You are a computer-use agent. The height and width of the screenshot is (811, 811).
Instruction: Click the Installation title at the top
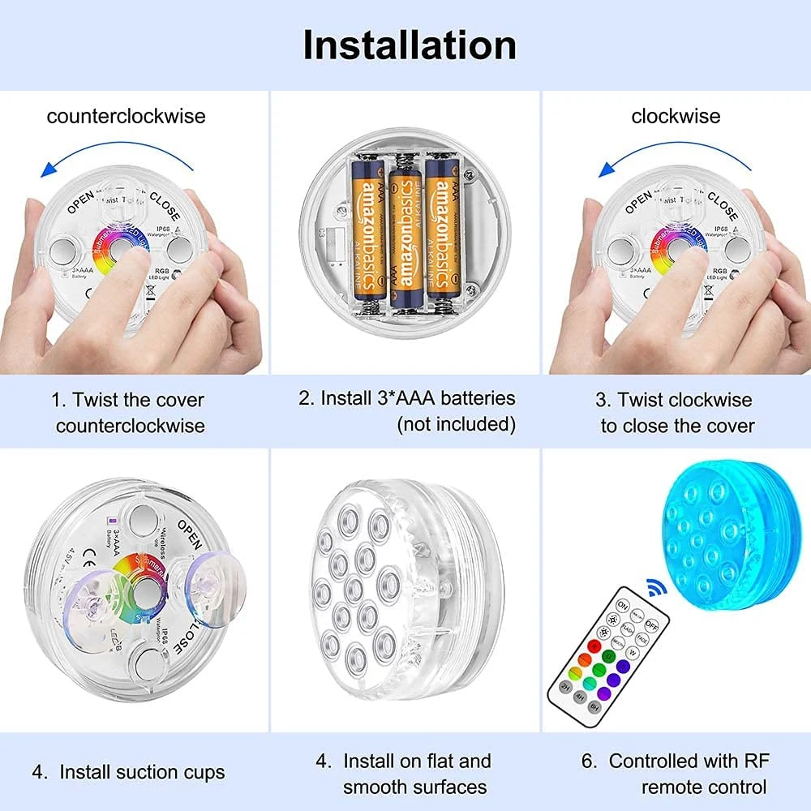[x=410, y=45]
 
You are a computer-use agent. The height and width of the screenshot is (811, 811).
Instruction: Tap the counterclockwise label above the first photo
[x=126, y=116]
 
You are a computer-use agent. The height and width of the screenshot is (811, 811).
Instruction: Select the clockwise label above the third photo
[x=676, y=116]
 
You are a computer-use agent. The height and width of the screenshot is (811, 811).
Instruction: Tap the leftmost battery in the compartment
[x=367, y=231]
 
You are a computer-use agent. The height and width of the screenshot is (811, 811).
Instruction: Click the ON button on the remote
[x=623, y=605]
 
